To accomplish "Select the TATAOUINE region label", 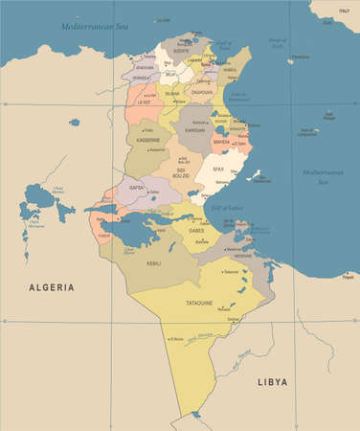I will [204, 303].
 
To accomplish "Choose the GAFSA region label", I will [136, 189].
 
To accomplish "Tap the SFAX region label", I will [217, 169].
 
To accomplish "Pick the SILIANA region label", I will [172, 95].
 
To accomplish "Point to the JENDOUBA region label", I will [145, 69].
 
